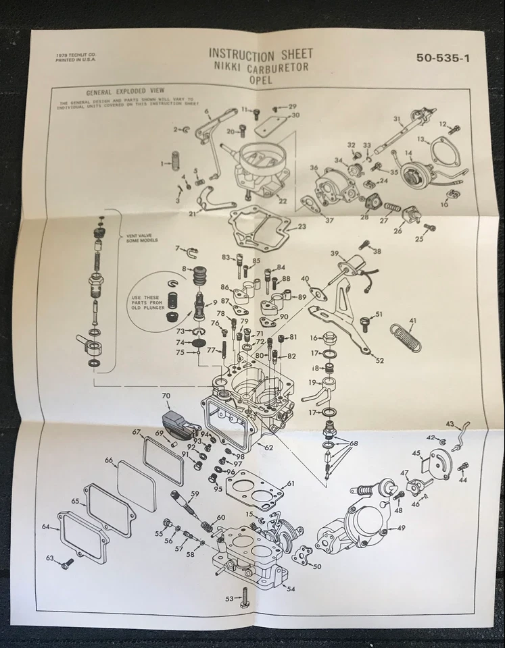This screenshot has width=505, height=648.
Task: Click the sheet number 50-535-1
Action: [x=443, y=58]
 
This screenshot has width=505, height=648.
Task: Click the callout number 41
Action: [x=412, y=321]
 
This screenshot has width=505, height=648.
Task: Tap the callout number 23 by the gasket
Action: [x=302, y=227]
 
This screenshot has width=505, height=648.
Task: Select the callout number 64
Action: [x=46, y=526]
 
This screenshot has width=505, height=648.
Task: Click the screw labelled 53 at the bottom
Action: [x=245, y=597]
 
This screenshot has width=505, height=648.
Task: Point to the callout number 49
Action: [x=401, y=528]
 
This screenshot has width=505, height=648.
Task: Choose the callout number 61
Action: [x=291, y=484]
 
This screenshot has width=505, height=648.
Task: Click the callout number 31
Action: [x=398, y=119]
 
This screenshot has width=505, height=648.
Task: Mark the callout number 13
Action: [x=420, y=139]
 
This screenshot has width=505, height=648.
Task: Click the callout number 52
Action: [x=379, y=360]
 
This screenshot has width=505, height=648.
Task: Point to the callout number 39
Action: [x=334, y=254]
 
